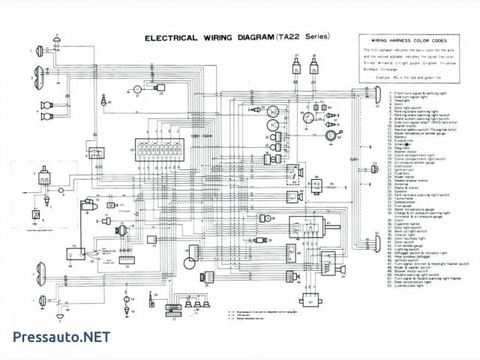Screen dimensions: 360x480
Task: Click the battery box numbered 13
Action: pyautogui.click(x=78, y=254)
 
